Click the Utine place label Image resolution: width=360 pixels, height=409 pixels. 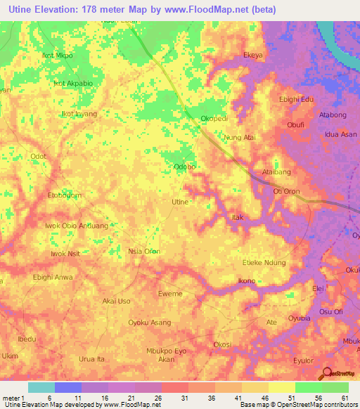(180, 202)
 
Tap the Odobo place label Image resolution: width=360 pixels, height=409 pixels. (184, 167)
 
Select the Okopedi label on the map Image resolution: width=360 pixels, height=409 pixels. (214, 119)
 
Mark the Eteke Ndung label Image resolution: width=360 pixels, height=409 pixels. (264, 262)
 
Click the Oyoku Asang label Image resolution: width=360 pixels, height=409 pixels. (149, 323)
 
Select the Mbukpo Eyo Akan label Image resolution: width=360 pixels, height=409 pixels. (166, 354)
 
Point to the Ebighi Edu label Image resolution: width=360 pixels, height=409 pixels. (296, 99)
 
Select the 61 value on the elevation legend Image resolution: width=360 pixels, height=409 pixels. (344, 398)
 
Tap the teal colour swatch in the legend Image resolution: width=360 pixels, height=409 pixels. (41, 387)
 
